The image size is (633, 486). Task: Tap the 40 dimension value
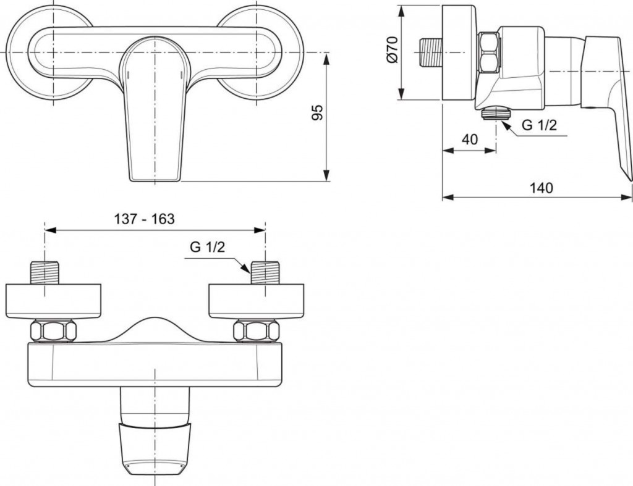470,140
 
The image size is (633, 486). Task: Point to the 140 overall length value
542,188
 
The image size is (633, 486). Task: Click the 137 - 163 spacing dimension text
145,219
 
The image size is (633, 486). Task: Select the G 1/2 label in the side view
539,125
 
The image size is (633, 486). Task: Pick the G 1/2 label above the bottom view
206,248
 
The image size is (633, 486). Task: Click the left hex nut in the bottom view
53,330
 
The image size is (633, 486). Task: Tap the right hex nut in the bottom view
255,330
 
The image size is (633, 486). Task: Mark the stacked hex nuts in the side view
489,53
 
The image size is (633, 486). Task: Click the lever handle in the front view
152,117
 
